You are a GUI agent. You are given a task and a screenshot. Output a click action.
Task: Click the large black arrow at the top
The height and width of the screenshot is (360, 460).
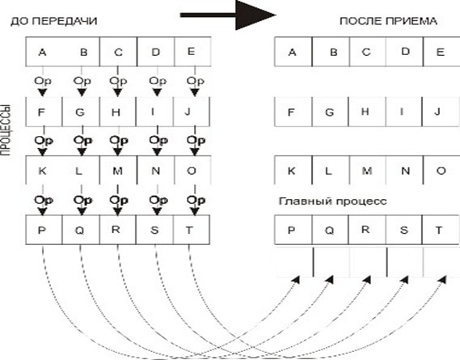click(228, 15)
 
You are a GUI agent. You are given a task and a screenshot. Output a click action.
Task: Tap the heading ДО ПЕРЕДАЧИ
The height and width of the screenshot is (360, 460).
click(53, 21)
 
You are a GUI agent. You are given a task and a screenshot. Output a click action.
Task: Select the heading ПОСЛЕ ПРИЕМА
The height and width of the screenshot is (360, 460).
click(388, 21)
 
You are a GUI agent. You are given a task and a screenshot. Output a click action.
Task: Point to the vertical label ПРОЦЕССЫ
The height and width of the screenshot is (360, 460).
click(6, 129)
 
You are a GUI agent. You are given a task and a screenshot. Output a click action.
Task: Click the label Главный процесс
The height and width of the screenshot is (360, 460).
click(333, 201)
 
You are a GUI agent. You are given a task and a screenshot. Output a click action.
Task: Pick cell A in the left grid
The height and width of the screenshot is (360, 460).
click(43, 52)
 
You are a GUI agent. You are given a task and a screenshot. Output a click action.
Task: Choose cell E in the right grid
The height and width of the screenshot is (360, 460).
click(441, 52)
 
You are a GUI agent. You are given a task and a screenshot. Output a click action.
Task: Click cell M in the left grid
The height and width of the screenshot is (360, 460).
click(118, 171)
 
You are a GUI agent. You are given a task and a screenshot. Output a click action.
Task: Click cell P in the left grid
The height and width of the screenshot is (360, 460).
click(44, 230)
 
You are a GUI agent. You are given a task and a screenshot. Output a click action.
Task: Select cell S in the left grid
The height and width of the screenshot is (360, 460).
click(154, 230)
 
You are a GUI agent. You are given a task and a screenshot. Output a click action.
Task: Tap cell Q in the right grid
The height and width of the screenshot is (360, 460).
click(330, 230)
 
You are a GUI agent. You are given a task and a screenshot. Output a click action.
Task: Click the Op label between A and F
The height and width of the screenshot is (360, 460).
click(43, 81)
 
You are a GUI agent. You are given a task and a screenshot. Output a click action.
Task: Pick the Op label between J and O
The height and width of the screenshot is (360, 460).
click(196, 141)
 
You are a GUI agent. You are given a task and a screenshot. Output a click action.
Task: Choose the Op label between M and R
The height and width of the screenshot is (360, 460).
click(119, 201)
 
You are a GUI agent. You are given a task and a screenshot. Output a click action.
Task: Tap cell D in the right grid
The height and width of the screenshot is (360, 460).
click(404, 52)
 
